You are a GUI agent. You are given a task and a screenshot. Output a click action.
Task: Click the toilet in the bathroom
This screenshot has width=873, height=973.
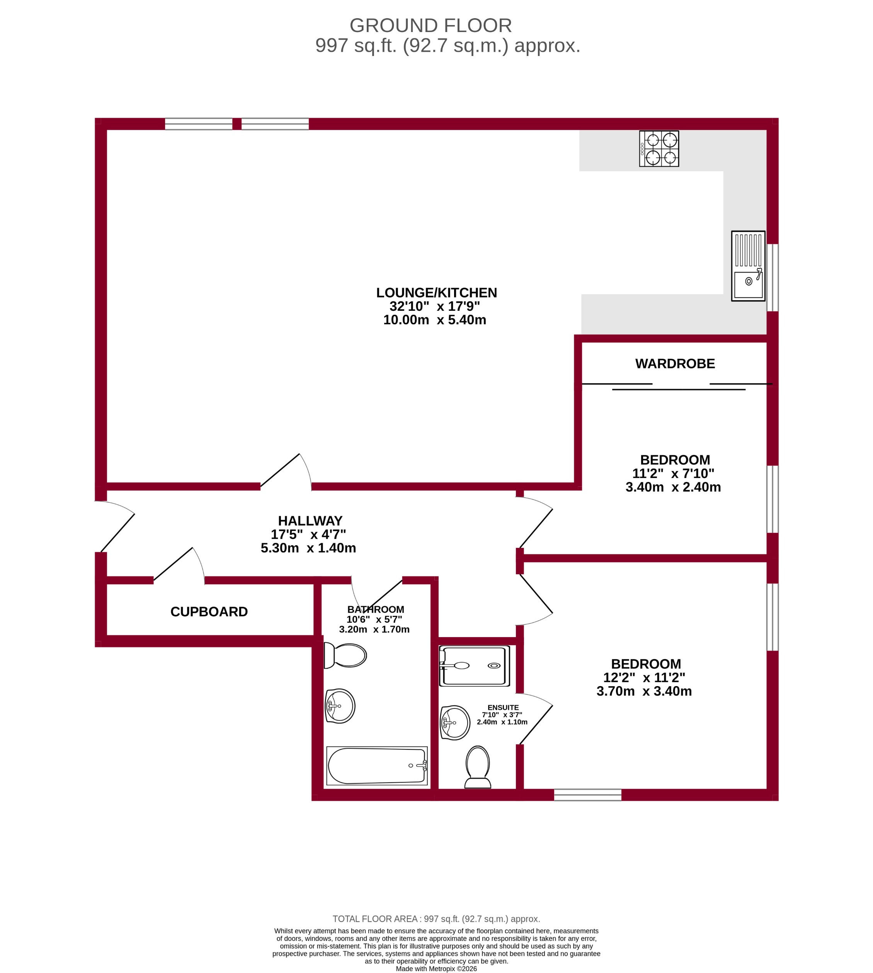pyautogui.click(x=345, y=655)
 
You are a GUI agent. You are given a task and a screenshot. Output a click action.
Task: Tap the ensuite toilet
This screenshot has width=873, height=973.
pyautogui.click(x=478, y=767)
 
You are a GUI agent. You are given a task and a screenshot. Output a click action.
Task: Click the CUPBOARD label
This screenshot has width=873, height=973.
pyautogui.click(x=209, y=612)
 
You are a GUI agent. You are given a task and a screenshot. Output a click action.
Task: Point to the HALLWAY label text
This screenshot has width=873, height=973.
pyautogui.click(x=310, y=520)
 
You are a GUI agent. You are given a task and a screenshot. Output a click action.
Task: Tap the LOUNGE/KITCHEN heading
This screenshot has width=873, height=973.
pyautogui.click(x=437, y=292)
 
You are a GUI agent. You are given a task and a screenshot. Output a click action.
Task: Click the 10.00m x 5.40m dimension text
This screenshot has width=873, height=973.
pyautogui.click(x=435, y=320)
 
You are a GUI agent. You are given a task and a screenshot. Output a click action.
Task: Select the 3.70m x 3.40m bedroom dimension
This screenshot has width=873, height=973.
pyautogui.click(x=644, y=691)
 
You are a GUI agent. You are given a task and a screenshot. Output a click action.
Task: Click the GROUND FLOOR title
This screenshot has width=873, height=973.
pyautogui.click(x=430, y=25)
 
